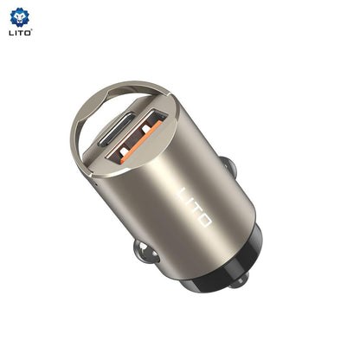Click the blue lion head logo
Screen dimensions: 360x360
pos(20,16)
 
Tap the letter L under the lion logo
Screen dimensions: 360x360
pos(10,33)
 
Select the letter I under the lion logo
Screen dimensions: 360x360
pos(15,33)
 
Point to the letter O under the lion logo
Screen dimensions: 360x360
pos(27,33)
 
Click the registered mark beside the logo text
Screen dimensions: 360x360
pos(32,30)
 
